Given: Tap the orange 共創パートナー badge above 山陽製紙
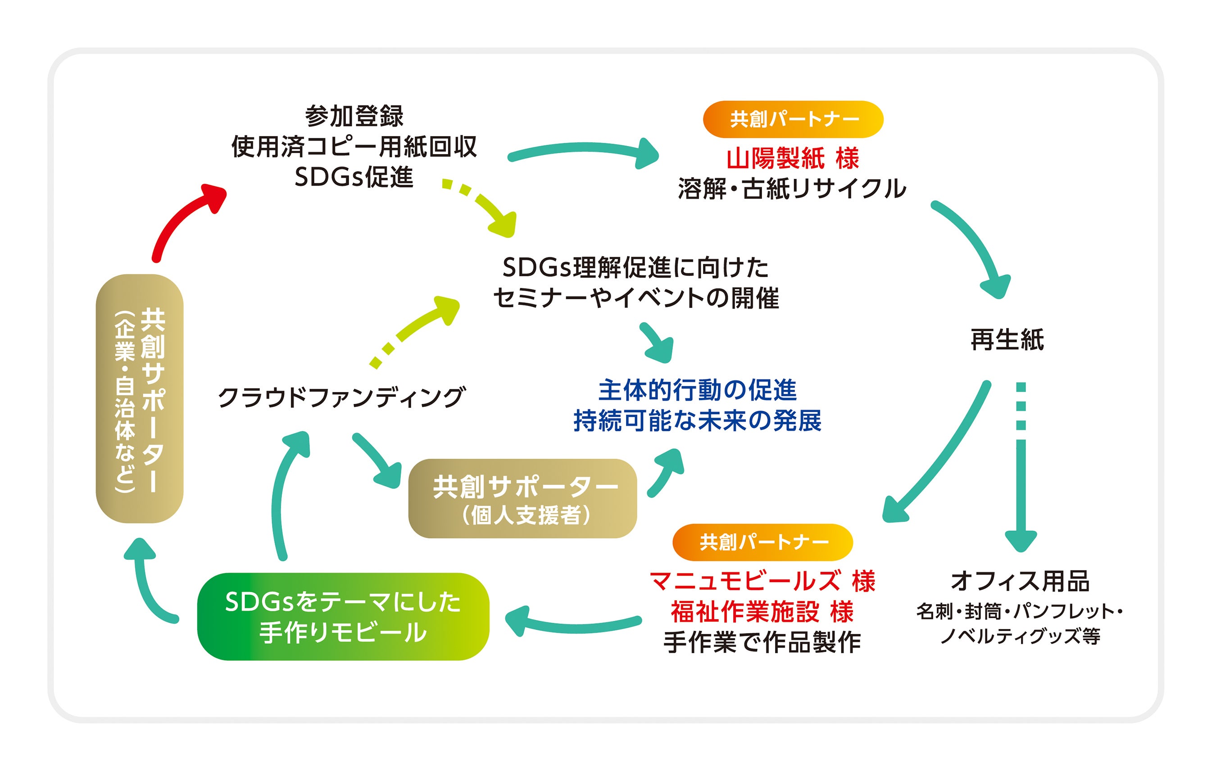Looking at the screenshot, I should [792, 119].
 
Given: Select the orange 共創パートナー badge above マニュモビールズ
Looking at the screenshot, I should [762, 542].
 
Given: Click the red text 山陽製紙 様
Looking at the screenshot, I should [792, 158].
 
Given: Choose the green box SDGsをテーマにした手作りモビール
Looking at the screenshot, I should [343, 616].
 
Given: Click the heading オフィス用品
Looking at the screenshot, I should [1020, 581].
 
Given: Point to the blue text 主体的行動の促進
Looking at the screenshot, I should [697, 390].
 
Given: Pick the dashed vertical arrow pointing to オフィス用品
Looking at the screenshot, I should [1021, 470].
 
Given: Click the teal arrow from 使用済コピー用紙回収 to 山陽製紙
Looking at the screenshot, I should [581, 150].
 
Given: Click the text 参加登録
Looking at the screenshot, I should [354, 116].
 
